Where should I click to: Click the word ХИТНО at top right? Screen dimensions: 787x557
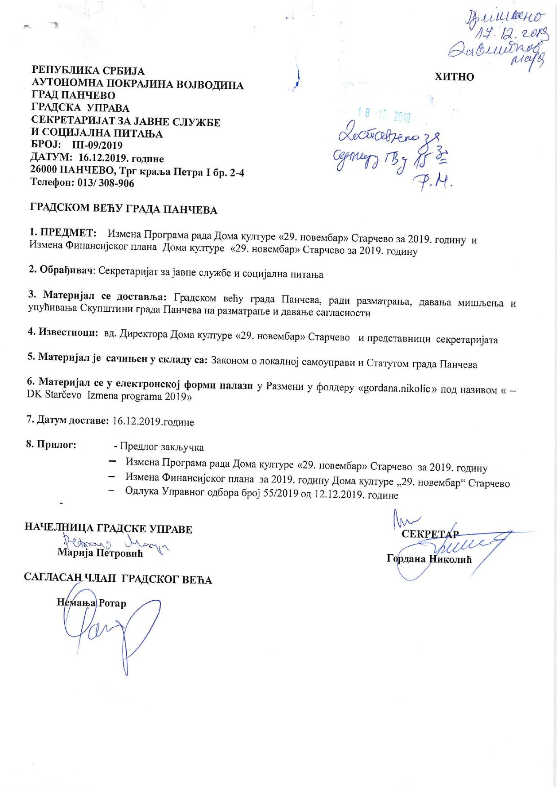[x=454, y=77]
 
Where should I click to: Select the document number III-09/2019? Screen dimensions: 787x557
[x=94, y=146]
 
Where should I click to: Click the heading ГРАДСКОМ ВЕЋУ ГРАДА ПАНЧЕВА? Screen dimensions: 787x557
[x=124, y=209]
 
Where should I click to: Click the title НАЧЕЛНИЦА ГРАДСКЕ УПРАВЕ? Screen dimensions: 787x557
[x=108, y=529]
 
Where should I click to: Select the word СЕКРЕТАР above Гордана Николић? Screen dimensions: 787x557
[x=430, y=534]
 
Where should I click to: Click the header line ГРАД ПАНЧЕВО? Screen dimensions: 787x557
[x=73, y=96]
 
